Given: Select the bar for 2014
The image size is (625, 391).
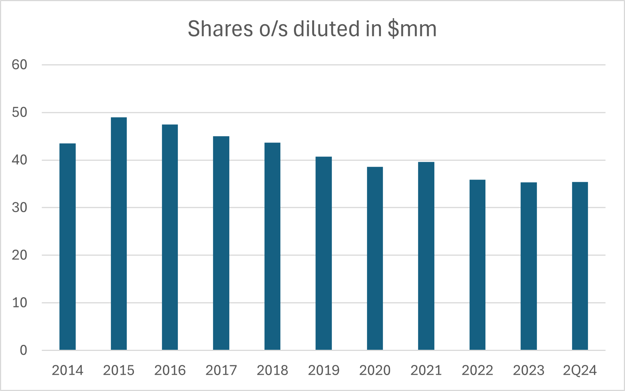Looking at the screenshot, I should (67, 247).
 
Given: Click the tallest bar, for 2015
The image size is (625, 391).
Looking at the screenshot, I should (119, 234).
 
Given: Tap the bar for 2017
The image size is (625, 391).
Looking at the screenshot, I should (221, 243).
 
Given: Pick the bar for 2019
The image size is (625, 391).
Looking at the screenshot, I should (323, 253).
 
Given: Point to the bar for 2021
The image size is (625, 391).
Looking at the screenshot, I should (426, 256).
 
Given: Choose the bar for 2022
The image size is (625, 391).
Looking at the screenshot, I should (477, 265).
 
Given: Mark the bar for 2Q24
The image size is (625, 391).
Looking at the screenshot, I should (580, 266).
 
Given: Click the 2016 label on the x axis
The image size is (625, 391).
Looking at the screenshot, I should (170, 370).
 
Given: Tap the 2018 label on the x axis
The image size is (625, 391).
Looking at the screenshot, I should (272, 370).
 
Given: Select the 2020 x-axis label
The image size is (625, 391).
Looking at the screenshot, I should (375, 370).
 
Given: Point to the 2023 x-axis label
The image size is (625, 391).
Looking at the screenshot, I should (529, 370).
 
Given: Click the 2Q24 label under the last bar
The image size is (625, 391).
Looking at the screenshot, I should (580, 370).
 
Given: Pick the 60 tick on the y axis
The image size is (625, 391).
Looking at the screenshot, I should (20, 65).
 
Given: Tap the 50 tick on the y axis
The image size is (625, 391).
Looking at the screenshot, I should (20, 112).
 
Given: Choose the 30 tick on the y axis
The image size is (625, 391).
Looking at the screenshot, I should (20, 208).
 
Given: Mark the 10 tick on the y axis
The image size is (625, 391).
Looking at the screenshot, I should (20, 303).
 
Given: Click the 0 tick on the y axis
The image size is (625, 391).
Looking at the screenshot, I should (23, 350).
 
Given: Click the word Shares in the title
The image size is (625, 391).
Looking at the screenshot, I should (220, 29).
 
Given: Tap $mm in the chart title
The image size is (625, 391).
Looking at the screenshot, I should (412, 29).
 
